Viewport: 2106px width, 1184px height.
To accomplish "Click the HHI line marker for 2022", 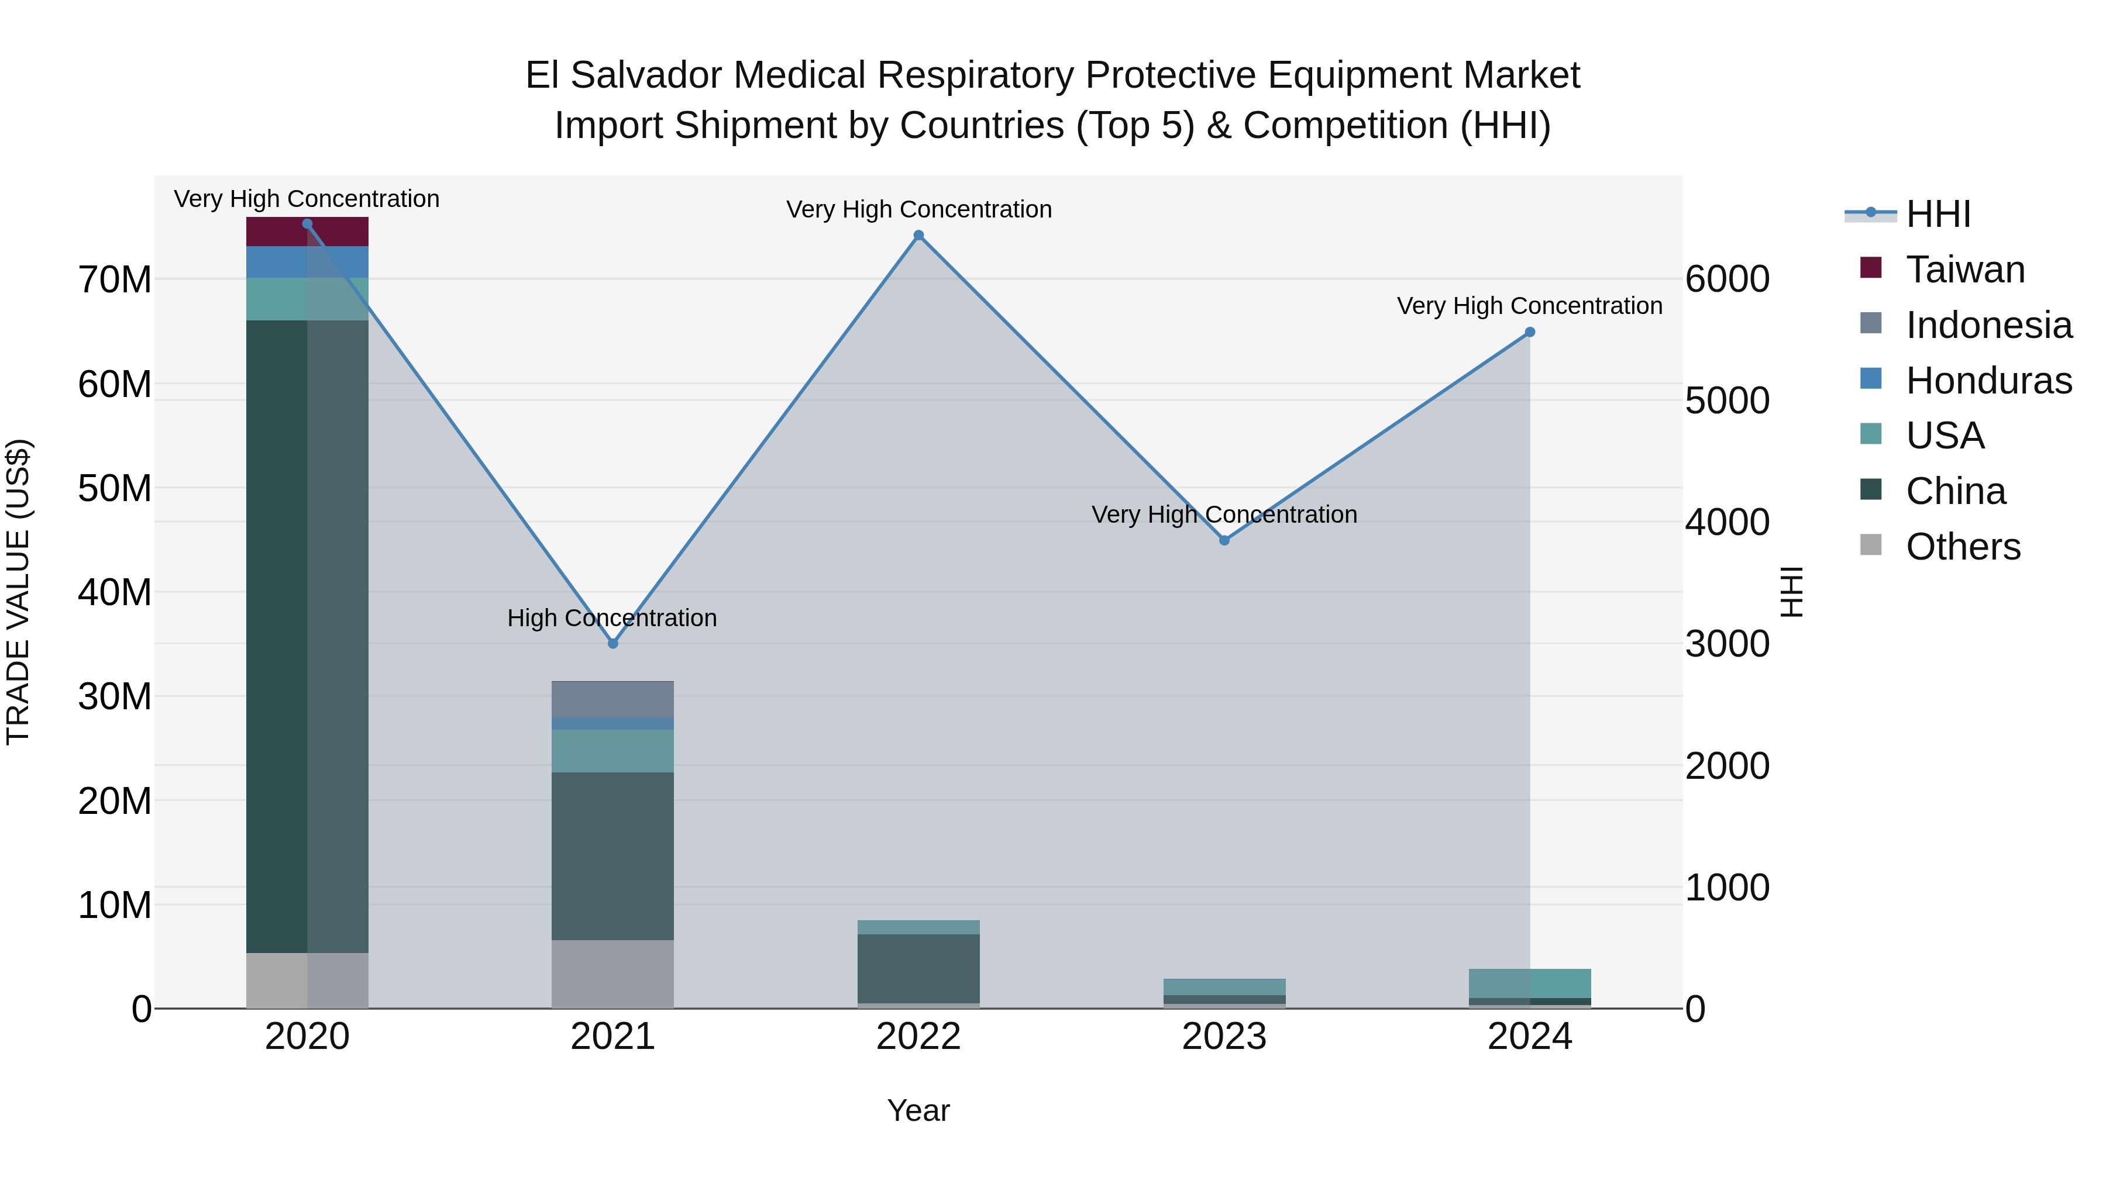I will (918, 235).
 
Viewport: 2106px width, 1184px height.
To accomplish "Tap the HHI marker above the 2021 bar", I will (613, 644).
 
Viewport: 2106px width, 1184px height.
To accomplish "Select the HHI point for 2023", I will (1224, 540).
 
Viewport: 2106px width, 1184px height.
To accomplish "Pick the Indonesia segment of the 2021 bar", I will (612, 699).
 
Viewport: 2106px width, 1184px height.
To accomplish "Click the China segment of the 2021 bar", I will (612, 855).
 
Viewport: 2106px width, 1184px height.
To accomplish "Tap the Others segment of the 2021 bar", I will (612, 974).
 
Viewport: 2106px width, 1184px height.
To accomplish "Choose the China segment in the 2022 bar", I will (918, 968).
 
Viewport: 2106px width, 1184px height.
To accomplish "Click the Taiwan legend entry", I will (1964, 270).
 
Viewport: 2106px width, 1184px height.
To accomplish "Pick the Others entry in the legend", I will (1962, 547).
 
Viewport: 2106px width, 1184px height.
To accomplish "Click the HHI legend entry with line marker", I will (1938, 214).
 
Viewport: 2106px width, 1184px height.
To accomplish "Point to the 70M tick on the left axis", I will (115, 280).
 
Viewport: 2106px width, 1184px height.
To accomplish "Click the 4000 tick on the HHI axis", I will (1727, 522).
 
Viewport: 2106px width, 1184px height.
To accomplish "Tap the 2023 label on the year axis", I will (1224, 1037).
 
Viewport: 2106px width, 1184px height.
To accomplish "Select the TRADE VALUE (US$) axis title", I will (18, 592).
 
